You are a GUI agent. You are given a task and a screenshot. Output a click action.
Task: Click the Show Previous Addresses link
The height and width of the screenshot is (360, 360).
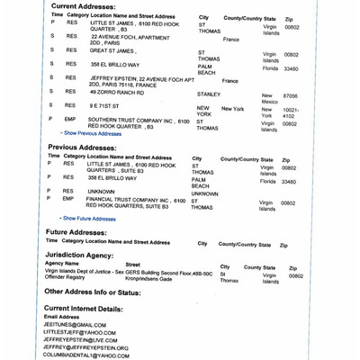94,132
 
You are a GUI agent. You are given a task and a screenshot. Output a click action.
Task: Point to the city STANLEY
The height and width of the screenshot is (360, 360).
208,94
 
